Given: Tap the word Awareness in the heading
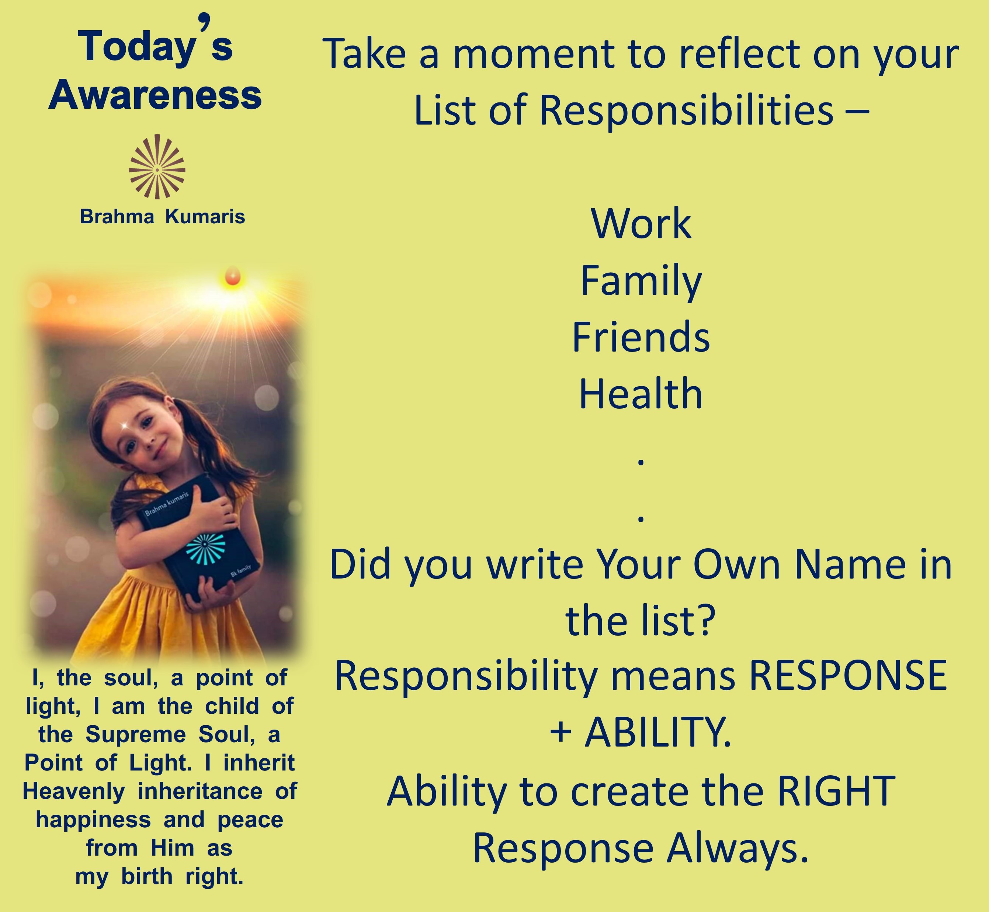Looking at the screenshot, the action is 155,95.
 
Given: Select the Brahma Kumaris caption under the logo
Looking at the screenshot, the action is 163,217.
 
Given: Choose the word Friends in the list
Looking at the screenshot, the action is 641,337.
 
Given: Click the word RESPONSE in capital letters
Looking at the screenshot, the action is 848,675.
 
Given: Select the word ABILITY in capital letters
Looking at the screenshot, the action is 658,732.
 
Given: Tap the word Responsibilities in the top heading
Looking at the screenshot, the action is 686,110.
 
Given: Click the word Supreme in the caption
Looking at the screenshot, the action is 136,735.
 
